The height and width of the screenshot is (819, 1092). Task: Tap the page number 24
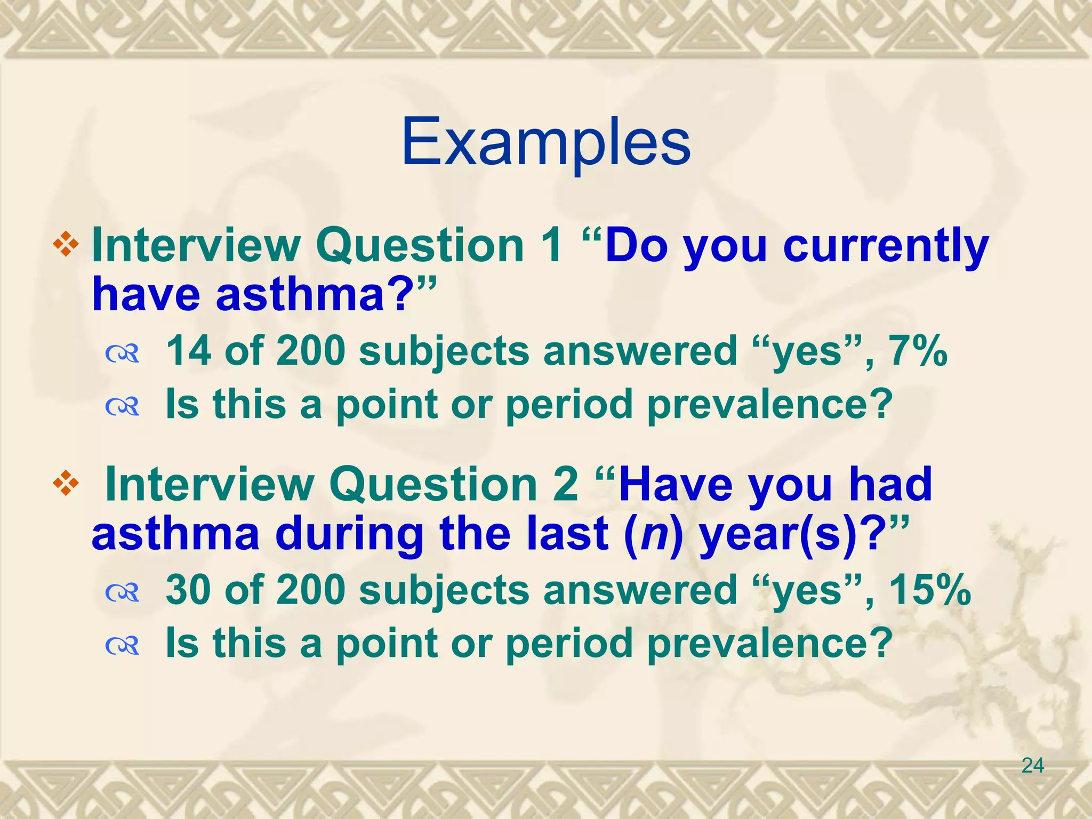point(1032,766)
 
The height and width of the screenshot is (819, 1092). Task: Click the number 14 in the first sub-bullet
point(188,351)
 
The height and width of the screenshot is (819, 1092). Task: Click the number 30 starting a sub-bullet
point(188,590)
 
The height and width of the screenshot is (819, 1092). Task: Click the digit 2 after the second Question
point(565,485)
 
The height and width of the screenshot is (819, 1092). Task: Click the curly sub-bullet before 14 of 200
point(122,354)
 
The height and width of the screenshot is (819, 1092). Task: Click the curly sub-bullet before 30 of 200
point(122,593)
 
